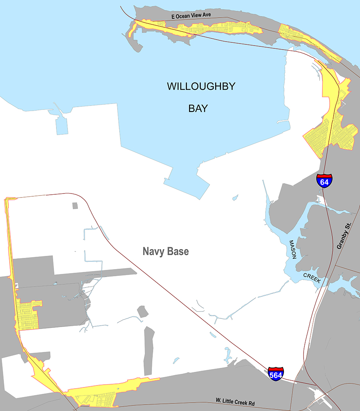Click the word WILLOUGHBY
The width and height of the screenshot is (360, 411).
[201, 86]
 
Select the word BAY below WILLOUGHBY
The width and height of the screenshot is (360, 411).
[198, 108]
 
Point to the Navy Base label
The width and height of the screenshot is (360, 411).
[166, 252]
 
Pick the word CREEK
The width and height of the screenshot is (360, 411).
[312, 278]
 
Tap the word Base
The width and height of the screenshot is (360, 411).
[178, 252]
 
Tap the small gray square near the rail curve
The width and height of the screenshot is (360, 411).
[75, 205]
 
